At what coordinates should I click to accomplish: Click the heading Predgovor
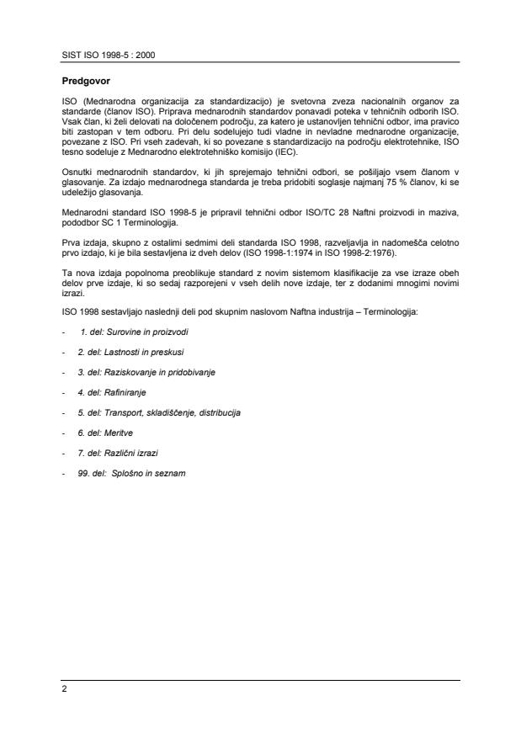[x=84, y=83]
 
